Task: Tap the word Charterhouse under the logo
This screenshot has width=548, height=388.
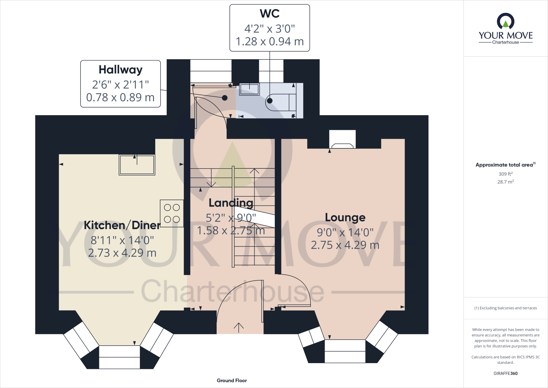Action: tap(505, 42)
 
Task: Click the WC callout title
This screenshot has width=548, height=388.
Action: tap(269, 14)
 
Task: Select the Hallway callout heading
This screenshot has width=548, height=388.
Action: tap(120, 70)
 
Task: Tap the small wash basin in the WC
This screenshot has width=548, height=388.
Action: tap(249, 89)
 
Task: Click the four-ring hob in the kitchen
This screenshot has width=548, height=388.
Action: tap(172, 214)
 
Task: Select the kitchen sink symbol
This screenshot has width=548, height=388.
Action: tap(137, 165)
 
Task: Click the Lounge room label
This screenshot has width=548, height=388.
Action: tap(345, 217)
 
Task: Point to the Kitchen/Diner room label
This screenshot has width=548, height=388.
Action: tap(122, 225)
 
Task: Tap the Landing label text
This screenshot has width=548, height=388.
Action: tap(231, 203)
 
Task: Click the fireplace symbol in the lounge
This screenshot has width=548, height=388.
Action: tap(342, 145)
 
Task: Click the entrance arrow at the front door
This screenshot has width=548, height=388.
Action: tap(238, 327)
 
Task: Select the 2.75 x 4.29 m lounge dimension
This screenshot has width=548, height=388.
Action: tap(345, 245)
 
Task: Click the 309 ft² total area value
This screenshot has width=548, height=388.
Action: tap(505, 174)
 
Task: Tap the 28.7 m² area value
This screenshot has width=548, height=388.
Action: tap(505, 182)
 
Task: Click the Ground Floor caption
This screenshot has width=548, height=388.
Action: tap(232, 380)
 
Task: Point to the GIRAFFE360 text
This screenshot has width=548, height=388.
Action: tap(505, 373)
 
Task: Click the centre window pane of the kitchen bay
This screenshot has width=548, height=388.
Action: tap(119, 357)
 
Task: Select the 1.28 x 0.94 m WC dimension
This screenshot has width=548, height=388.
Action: tap(269, 42)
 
